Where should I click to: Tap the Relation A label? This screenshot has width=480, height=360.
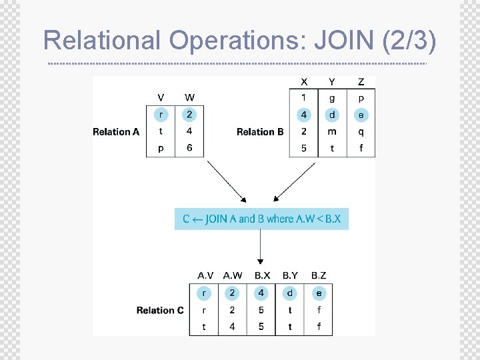point(116,132)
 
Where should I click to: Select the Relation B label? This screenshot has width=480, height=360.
point(260,132)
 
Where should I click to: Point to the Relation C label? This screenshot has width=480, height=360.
point(160,310)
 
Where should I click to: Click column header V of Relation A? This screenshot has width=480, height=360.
point(161,98)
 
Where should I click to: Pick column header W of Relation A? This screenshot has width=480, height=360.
point(189,98)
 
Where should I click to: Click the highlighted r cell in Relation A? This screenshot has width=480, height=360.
point(161,115)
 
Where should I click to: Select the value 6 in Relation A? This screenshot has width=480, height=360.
point(189,148)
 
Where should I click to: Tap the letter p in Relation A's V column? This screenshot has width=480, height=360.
point(161,148)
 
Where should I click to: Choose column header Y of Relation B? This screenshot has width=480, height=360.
point(332,82)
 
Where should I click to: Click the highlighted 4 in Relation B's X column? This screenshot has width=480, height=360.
point(304,115)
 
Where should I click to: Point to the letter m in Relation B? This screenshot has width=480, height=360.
point(332,131)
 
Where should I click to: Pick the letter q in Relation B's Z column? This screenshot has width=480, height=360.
point(361,131)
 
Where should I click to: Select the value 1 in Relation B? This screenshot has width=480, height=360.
point(304,99)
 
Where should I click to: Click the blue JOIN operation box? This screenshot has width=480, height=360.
point(261,219)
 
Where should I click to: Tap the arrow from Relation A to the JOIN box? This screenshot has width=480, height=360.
point(227,181)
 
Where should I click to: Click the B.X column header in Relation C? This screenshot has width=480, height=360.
point(262,275)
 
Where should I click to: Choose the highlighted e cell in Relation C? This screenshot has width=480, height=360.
point(319,293)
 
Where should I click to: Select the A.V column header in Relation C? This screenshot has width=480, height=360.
point(205,275)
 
